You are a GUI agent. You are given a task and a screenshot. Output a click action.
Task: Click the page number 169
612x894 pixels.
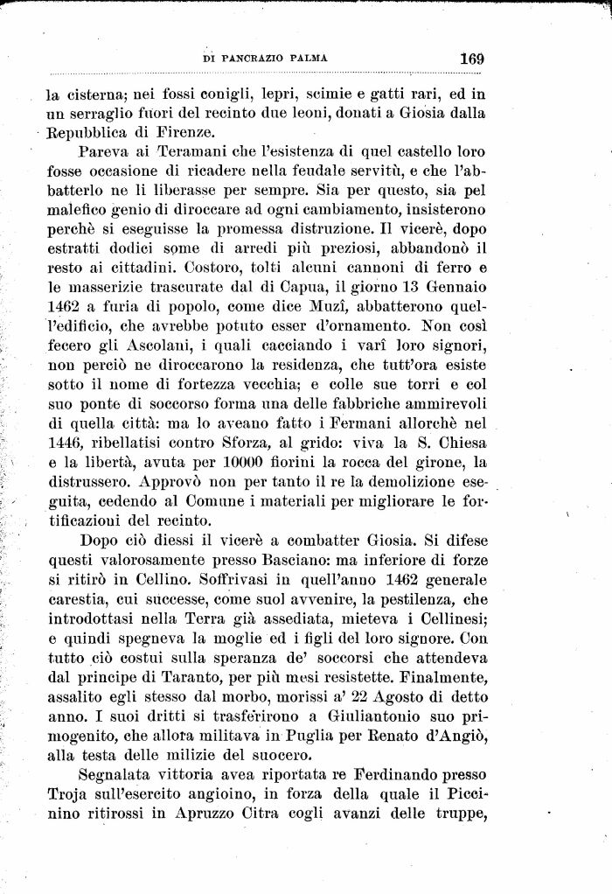point(471,59)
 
